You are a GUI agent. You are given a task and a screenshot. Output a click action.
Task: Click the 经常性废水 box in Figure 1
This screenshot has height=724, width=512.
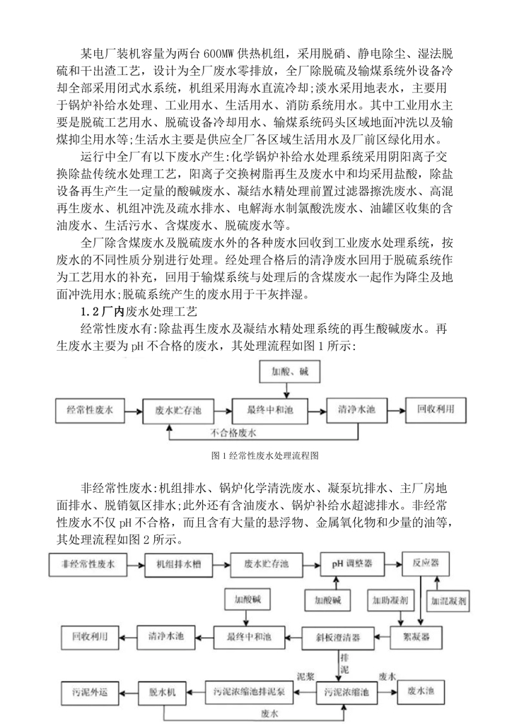click(90, 409)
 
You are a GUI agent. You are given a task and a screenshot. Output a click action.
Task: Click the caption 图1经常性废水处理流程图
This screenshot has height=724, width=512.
click(256, 456)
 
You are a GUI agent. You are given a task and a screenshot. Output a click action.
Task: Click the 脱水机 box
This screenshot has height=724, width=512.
click(166, 689)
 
